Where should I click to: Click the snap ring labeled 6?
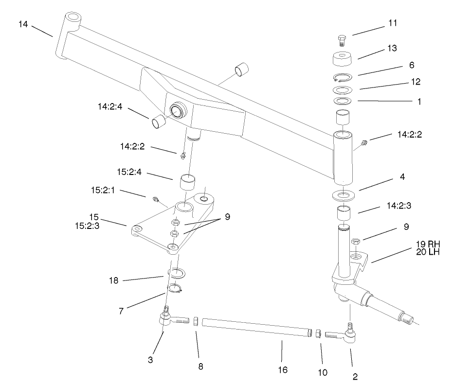point(344,77)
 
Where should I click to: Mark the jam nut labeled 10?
point(317,333)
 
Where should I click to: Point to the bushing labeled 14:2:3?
point(344,213)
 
